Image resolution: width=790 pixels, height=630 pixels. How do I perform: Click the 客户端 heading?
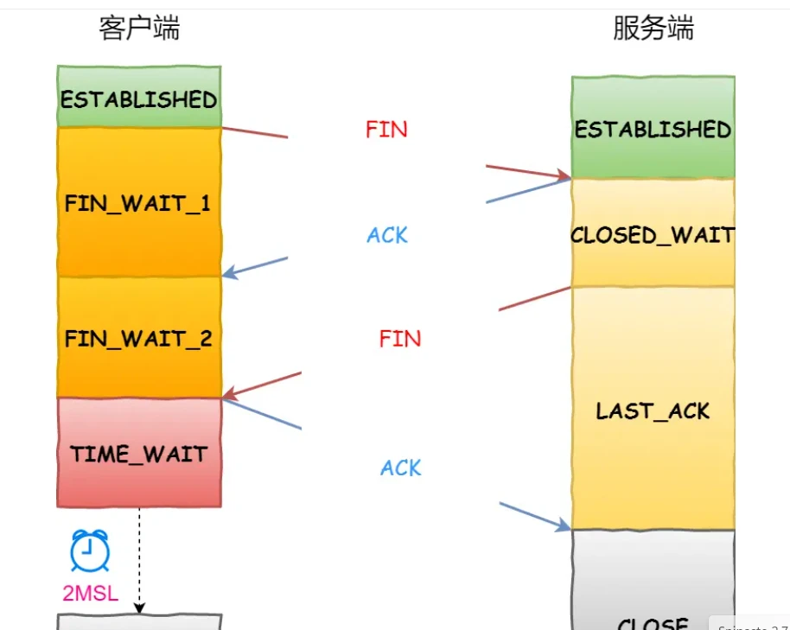[139, 29]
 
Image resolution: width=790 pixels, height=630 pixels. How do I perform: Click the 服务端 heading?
[653, 29]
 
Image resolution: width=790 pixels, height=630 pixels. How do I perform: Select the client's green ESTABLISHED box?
[138, 98]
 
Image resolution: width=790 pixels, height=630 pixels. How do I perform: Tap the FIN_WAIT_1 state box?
[138, 203]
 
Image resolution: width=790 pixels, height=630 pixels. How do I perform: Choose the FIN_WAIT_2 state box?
[138, 337]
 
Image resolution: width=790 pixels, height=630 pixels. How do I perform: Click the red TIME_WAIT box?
[138, 453]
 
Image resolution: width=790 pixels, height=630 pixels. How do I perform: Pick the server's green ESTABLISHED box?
[653, 129]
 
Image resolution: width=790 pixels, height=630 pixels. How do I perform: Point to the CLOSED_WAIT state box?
[653, 233]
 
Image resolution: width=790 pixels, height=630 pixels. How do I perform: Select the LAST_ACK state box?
[653, 410]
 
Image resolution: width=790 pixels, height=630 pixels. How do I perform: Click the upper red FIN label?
[386, 130]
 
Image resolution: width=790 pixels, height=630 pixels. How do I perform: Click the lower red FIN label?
[400, 338]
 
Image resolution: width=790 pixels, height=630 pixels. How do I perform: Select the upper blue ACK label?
[387, 235]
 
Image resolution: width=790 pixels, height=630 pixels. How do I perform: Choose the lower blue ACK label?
[401, 468]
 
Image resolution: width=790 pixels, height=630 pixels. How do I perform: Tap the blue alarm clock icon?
[90, 550]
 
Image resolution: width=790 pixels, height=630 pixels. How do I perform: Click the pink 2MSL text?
[90, 593]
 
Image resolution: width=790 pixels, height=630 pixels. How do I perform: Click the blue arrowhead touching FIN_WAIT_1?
[229, 273]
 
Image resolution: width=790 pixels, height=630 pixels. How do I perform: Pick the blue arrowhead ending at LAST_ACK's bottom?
[564, 525]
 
